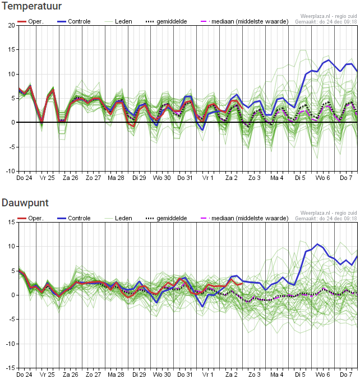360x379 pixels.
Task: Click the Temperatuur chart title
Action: (x=31, y=6)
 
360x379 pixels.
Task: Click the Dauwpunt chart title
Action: (x=25, y=203)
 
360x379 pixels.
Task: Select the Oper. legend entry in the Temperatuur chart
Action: (x=31, y=21)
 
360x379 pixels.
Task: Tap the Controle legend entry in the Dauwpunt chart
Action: (x=74, y=218)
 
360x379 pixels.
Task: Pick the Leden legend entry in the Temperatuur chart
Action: (x=118, y=21)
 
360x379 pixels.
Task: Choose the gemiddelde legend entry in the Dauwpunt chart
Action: (x=167, y=218)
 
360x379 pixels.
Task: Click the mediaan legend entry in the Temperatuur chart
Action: (x=244, y=21)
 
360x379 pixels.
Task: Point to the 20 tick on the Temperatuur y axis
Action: (x=11, y=25)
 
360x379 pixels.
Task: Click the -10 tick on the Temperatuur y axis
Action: (x=11, y=171)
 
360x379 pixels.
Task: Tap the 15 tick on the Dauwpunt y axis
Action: (x=11, y=222)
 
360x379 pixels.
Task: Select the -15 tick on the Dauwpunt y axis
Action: (x=11, y=368)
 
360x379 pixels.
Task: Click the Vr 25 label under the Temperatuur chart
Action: (x=47, y=178)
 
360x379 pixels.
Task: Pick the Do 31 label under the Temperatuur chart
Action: (x=184, y=178)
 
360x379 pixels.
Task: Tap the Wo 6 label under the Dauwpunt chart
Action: (x=322, y=375)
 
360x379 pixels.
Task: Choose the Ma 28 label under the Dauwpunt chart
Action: (x=116, y=375)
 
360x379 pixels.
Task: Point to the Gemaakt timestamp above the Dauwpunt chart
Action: (x=326, y=219)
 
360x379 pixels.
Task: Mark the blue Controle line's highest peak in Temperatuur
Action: (x=329, y=60)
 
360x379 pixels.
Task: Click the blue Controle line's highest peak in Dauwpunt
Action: (x=317, y=244)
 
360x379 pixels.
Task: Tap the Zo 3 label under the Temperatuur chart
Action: (x=255, y=178)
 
